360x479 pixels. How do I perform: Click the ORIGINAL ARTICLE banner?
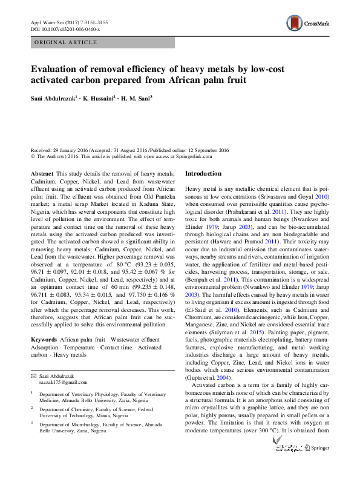tap(66, 42)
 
